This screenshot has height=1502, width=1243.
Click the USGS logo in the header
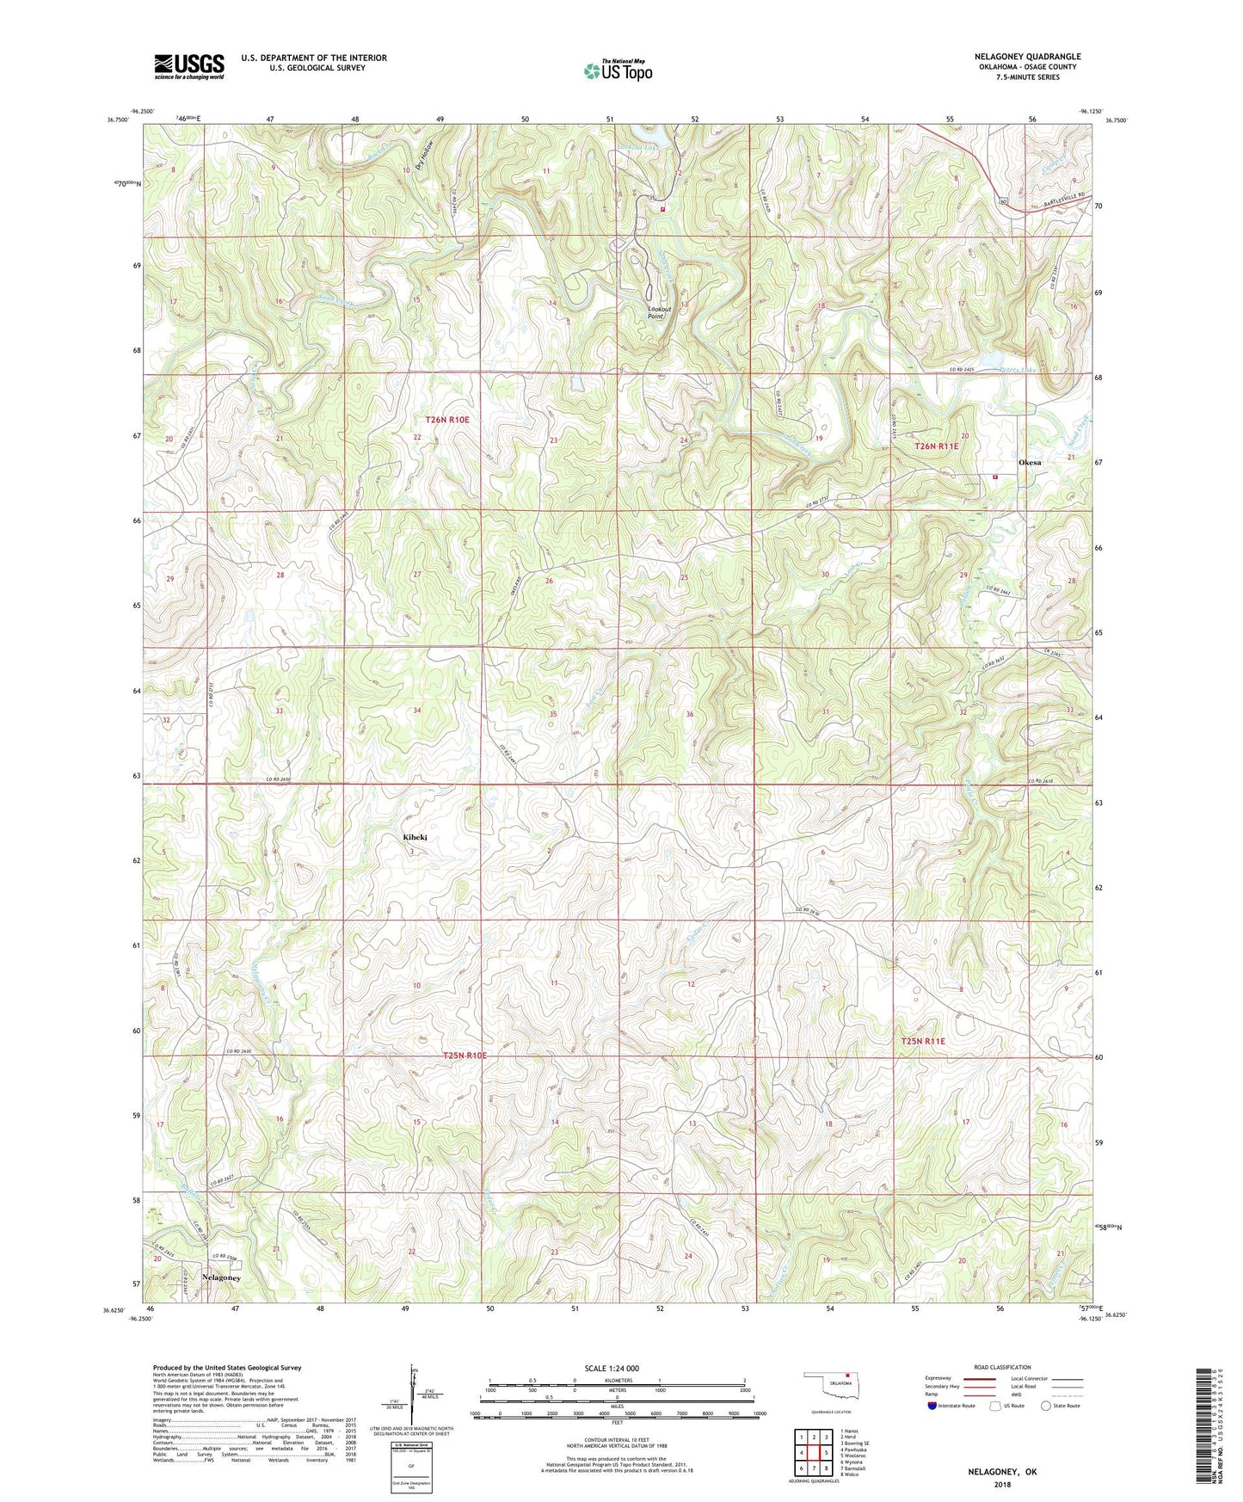[x=189, y=66]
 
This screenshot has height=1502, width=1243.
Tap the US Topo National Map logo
[x=618, y=71]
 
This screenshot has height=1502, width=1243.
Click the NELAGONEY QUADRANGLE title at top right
[x=1024, y=57]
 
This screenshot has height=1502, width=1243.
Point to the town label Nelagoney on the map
[x=221, y=1277]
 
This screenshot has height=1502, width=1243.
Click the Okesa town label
[x=1030, y=463]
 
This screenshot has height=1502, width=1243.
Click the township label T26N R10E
[x=447, y=420]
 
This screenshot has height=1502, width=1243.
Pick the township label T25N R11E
[x=923, y=1042]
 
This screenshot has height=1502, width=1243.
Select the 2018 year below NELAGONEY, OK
[x=1002, y=1485]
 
